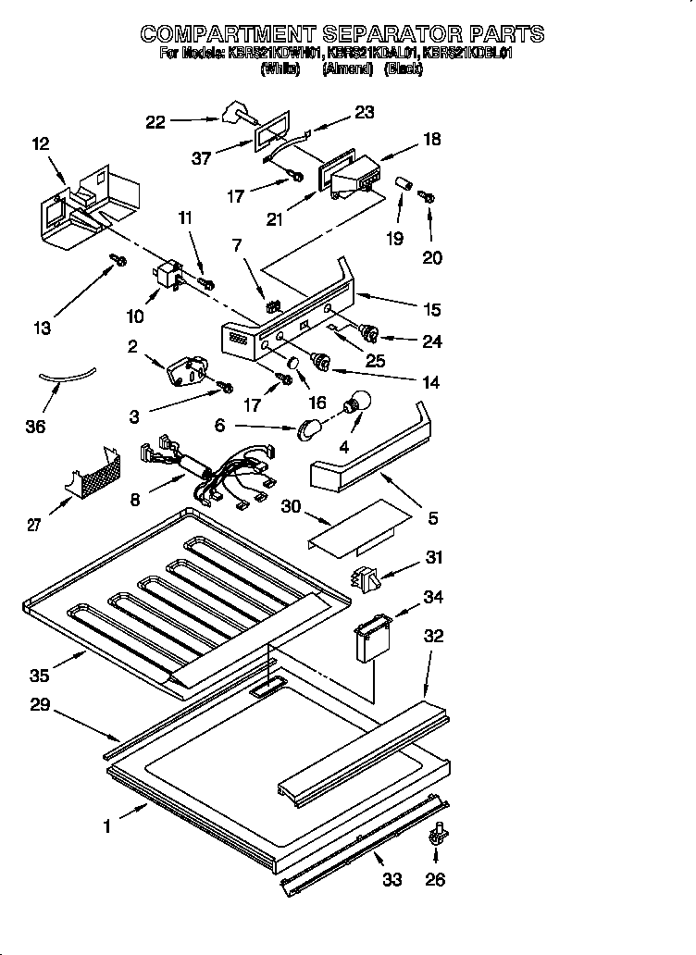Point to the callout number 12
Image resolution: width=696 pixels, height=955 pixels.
coord(40,143)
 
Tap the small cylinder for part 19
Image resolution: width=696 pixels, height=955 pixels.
coord(404,182)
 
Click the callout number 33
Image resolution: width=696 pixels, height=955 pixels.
coord(392,879)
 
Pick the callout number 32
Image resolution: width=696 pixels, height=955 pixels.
coord(433,636)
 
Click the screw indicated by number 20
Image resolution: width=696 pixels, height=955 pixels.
coord(428,196)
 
